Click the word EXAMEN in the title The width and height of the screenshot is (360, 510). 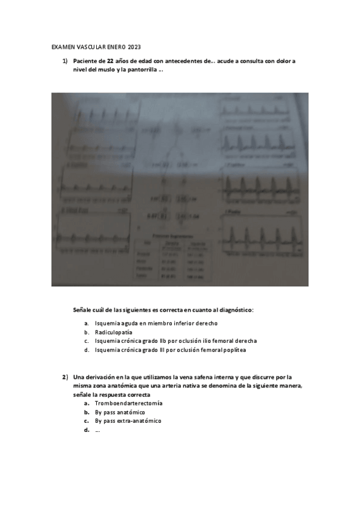click(x=60, y=47)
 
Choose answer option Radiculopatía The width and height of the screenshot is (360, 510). click(x=114, y=332)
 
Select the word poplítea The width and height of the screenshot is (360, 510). click(x=234, y=350)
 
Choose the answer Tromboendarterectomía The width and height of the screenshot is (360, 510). click(x=129, y=403)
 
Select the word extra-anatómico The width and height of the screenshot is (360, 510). click(x=140, y=421)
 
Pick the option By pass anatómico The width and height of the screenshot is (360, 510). click(x=120, y=412)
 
